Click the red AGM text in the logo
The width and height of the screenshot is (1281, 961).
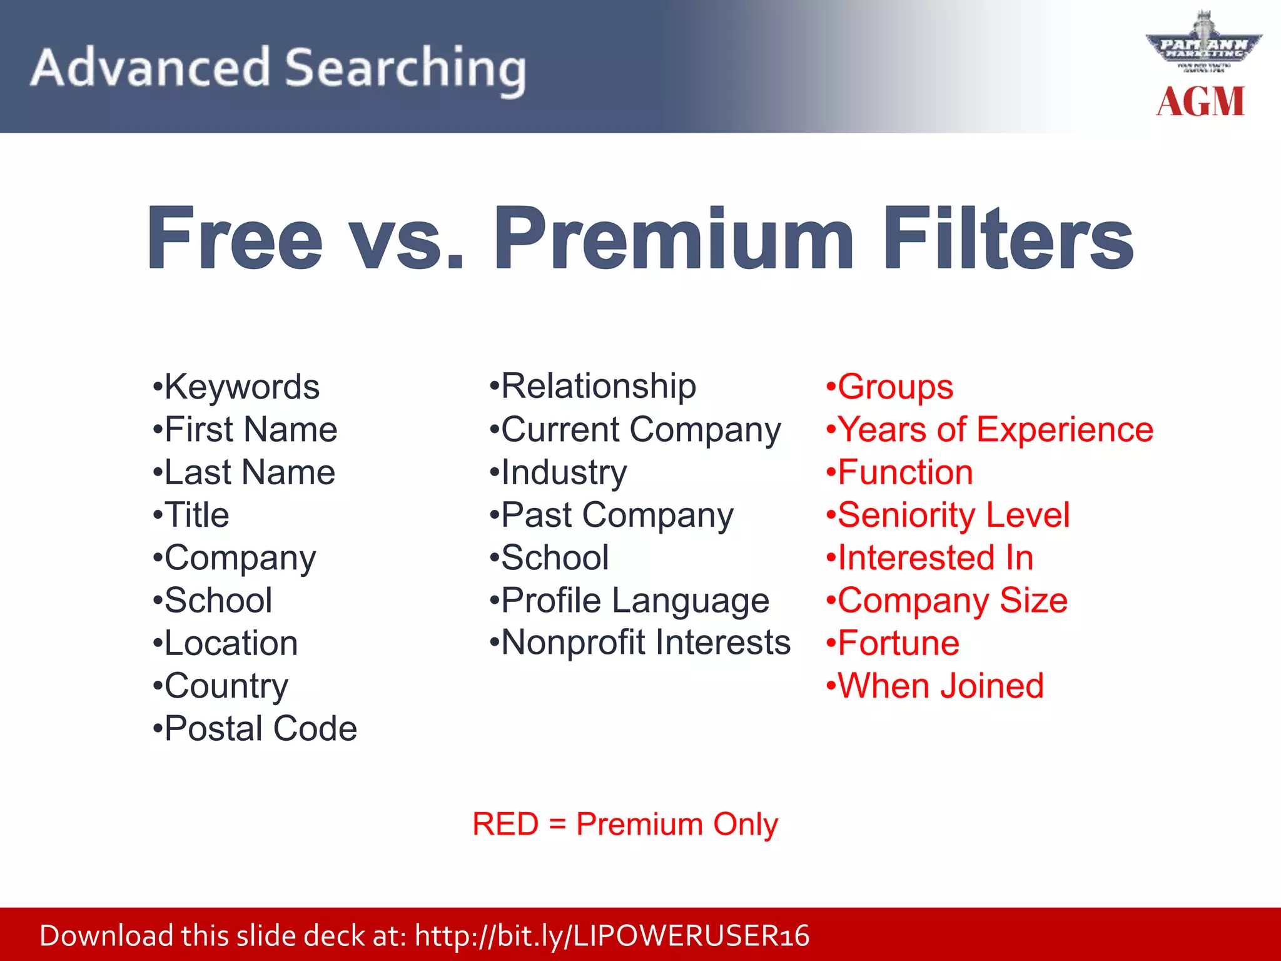1200,101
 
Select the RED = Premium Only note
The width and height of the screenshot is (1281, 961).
625,824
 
